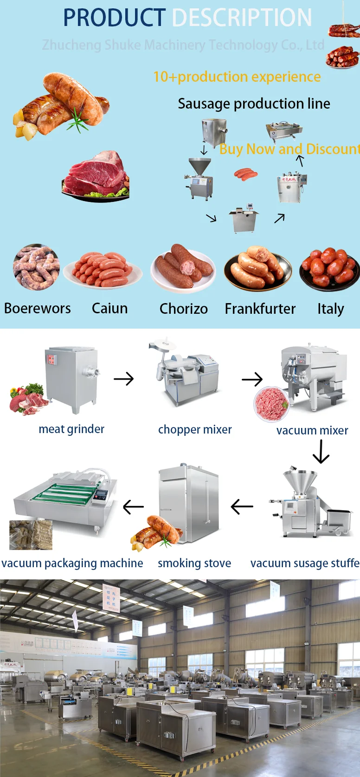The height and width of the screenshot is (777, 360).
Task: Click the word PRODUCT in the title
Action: [114, 18]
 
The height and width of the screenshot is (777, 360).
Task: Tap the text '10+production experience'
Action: [237, 77]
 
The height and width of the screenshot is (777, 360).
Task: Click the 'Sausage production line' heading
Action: [254, 104]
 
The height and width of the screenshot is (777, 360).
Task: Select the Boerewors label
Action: [38, 308]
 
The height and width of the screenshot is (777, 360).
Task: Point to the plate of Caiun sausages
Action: [103, 269]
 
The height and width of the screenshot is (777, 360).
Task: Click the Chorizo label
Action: [183, 309]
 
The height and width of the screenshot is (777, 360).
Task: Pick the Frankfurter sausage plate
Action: [257, 268]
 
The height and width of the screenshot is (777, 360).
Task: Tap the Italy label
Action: [330, 309]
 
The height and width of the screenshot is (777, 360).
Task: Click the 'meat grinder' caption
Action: [71, 429]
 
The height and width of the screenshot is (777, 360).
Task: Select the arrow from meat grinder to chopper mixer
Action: [123, 379]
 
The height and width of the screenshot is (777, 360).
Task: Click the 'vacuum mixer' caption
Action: [312, 430]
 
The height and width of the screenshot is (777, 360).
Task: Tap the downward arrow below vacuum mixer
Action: [321, 452]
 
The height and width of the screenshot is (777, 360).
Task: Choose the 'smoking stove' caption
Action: [194, 563]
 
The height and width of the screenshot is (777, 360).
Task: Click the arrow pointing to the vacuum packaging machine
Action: [133, 507]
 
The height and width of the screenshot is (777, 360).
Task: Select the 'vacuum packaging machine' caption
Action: [72, 563]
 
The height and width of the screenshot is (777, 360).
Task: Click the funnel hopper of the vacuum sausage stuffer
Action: [301, 481]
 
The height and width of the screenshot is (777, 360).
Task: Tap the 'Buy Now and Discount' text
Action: [289, 149]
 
